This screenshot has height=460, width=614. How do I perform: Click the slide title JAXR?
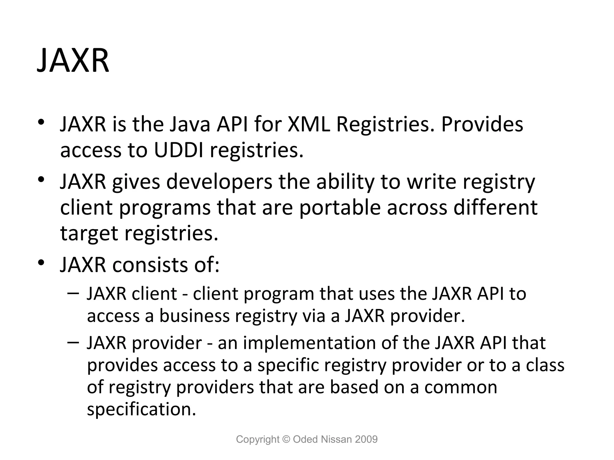click(x=73, y=61)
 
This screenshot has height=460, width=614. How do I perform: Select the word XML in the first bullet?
click(x=309, y=124)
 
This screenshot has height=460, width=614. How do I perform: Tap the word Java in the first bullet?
click(x=190, y=124)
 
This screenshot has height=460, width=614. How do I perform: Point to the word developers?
click(x=219, y=182)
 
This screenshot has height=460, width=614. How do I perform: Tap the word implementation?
click(x=309, y=343)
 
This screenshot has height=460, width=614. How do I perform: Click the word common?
click(x=461, y=387)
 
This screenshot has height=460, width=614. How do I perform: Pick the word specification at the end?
click(x=141, y=409)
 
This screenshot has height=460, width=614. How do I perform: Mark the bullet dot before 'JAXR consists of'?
click(x=41, y=263)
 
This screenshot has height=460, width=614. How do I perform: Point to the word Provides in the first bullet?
click(x=482, y=124)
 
